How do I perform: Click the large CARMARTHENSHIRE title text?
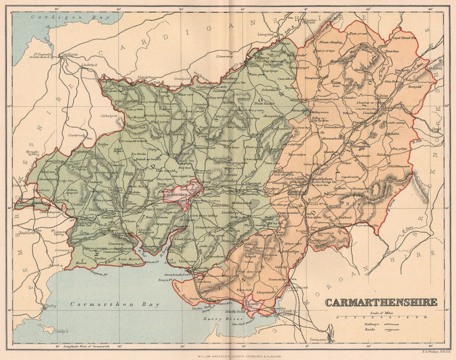coord(381,302)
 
